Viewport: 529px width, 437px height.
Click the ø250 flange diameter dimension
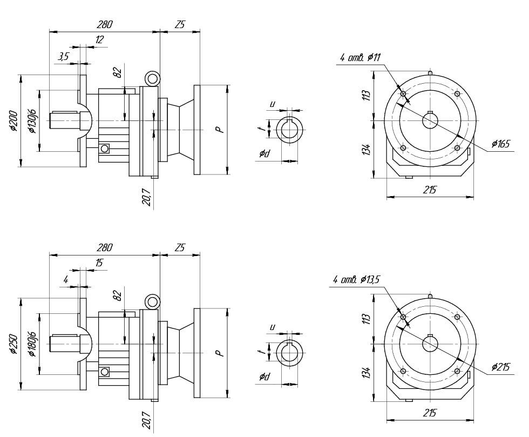click(x=13, y=344)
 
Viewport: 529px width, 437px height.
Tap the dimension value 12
click(x=99, y=39)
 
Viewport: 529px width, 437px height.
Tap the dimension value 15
click(x=99, y=263)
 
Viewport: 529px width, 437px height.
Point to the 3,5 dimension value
click(x=64, y=56)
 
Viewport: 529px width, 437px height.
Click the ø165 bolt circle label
click(x=500, y=144)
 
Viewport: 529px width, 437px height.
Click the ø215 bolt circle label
click(x=500, y=367)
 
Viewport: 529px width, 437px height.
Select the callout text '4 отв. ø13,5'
click(x=357, y=280)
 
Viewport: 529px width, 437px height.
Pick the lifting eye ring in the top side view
click(x=153, y=79)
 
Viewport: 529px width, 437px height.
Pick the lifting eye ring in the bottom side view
click(x=153, y=302)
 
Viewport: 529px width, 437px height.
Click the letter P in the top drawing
click(x=218, y=130)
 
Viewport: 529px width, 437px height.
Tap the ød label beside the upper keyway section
click(x=264, y=154)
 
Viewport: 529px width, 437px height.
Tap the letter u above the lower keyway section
click(x=273, y=327)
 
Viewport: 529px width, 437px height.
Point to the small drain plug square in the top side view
click(x=104, y=148)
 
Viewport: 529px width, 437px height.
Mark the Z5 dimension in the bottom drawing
click(x=180, y=247)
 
